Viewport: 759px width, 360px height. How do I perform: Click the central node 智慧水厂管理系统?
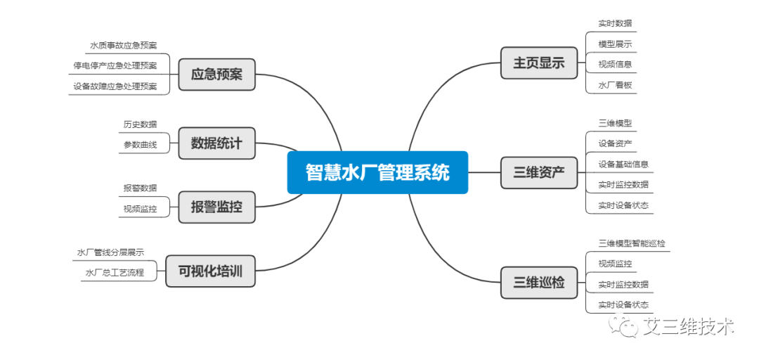point(377,172)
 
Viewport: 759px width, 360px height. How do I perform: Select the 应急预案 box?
point(217,75)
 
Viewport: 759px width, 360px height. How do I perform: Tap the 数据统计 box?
point(217,143)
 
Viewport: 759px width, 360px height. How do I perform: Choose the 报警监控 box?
point(217,207)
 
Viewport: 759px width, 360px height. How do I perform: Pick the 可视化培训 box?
point(210,271)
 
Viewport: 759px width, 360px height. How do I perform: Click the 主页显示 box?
point(539,63)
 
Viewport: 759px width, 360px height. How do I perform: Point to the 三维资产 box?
point(539,172)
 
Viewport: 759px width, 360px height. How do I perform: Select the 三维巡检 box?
point(539,283)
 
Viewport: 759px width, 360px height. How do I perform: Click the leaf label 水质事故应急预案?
point(124,46)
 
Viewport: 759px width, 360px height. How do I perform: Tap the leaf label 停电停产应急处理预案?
point(115,66)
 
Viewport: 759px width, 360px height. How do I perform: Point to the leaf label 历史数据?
point(140,124)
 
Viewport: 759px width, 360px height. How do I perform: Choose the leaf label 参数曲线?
point(140,145)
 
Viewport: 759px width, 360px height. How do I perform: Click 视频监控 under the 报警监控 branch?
point(140,210)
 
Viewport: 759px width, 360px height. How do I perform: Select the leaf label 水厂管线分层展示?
point(110,252)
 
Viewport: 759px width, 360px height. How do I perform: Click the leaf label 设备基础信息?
point(623,164)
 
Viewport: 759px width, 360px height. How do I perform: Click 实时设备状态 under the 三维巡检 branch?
point(623,304)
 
